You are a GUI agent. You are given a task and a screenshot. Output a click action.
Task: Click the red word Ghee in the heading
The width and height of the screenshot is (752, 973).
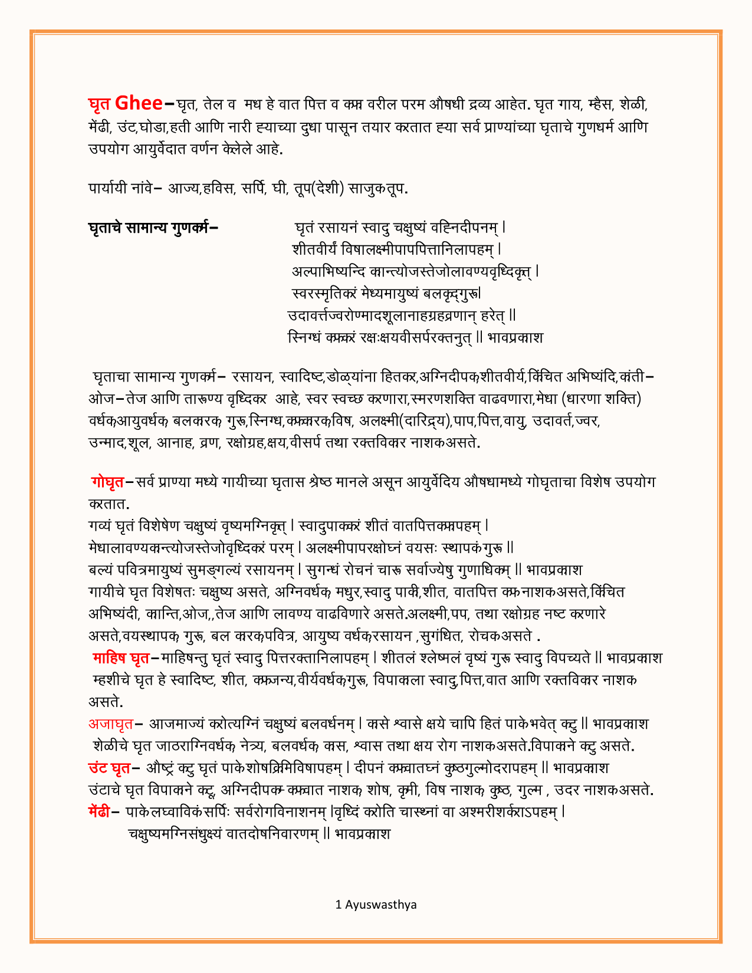(139, 103)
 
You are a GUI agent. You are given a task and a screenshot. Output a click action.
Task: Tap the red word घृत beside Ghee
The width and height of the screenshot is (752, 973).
(100, 104)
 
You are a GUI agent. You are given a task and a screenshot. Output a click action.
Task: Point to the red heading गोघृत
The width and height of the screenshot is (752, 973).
(107, 482)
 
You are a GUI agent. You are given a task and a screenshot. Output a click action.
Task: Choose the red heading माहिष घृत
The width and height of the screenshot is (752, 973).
(121, 658)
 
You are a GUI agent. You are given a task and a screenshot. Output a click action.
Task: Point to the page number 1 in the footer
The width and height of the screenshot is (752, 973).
(338, 905)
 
